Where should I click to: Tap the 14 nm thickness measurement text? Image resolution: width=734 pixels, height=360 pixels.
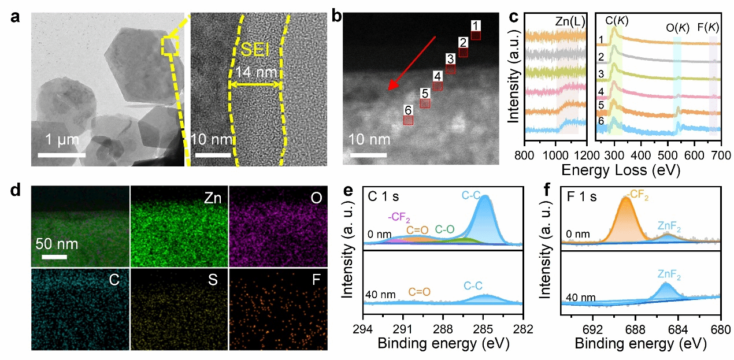pyautogui.click(x=256, y=73)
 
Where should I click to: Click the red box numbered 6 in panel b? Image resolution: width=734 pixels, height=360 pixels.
pyautogui.click(x=409, y=120)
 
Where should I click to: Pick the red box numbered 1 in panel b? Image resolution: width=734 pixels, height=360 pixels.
pyautogui.click(x=476, y=35)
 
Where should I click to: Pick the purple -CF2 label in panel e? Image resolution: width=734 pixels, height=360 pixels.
pyautogui.click(x=399, y=217)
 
